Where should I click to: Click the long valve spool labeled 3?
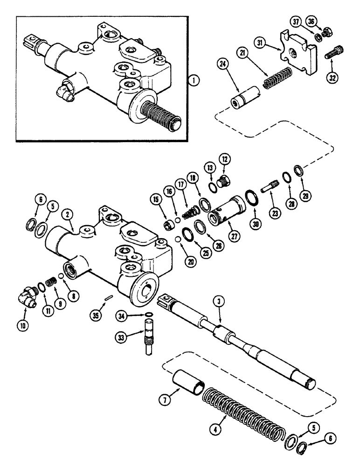click(242, 338)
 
